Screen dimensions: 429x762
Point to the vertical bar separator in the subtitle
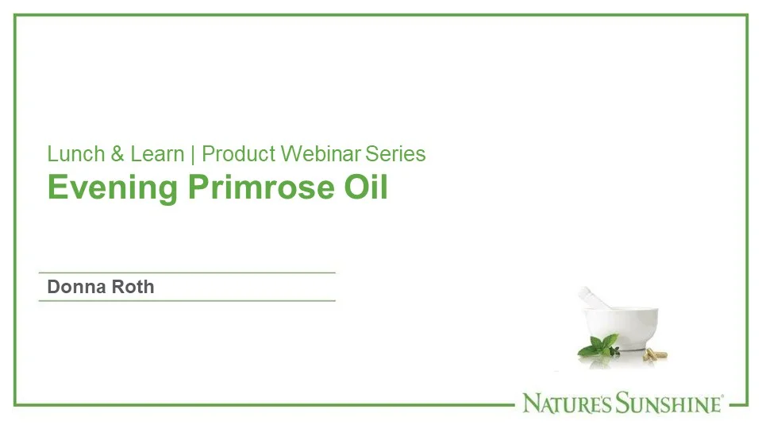tap(193, 153)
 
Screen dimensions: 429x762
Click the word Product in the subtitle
tap(238, 153)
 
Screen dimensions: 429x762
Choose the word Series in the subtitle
tap(395, 153)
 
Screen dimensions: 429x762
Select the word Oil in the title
tap(365, 187)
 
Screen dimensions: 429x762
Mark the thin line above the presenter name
tap(187, 272)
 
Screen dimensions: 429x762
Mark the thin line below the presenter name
tap(187, 301)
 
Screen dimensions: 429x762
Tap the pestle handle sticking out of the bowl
tap(589, 298)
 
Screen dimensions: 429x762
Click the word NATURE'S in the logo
tap(566, 404)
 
